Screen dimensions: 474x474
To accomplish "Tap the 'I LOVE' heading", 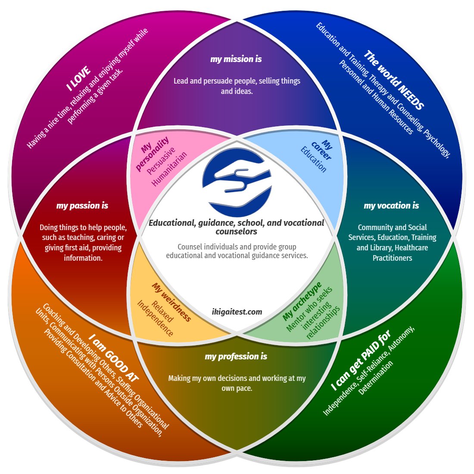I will pos(78,78).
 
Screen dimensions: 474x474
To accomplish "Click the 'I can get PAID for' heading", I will pos(361,361).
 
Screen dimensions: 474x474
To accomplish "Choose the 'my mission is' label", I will pos(236,59).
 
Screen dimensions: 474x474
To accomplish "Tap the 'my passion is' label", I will pos(82,206).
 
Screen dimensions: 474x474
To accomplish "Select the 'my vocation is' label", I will pos(391,206).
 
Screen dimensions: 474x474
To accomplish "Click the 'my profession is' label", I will pos(236,356).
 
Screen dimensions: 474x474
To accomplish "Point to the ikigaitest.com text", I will pos(237,312).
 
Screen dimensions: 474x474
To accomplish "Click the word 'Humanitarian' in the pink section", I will pos(170,169).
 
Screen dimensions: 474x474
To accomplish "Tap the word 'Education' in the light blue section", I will pos(313,159).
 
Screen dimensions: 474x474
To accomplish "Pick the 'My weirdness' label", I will pos(171,302).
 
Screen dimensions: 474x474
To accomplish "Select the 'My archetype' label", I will pos(302,301).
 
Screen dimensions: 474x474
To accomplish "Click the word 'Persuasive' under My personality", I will pos(161,161).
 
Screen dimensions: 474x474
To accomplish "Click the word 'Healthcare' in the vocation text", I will pos(411,247).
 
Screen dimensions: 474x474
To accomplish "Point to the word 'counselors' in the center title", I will pos(236,231).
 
